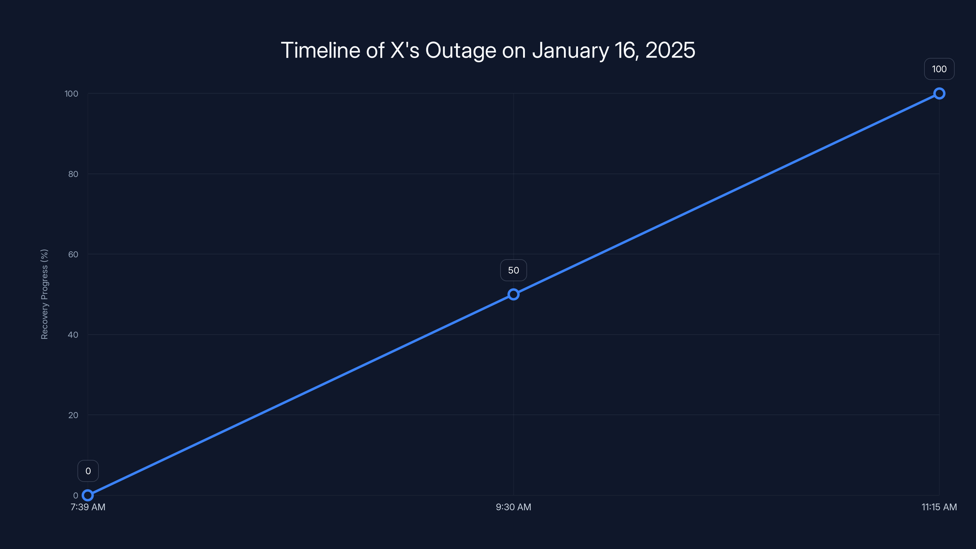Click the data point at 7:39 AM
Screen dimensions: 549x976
point(88,495)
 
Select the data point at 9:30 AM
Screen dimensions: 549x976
point(513,294)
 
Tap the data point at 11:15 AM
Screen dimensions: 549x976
point(939,94)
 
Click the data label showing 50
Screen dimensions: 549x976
point(513,270)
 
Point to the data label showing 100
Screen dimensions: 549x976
point(939,69)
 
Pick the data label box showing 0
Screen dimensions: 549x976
point(88,471)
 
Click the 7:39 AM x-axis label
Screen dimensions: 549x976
point(88,507)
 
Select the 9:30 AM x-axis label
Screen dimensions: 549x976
point(513,507)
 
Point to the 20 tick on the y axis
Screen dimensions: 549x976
point(73,415)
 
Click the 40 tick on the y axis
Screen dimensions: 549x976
point(73,335)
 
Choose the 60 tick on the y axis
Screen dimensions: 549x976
point(73,254)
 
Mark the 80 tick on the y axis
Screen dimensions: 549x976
point(73,174)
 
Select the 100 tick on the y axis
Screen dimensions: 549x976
point(71,94)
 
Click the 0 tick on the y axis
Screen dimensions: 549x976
point(76,495)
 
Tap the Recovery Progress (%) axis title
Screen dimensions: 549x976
point(44,294)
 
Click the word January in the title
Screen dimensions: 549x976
point(570,50)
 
